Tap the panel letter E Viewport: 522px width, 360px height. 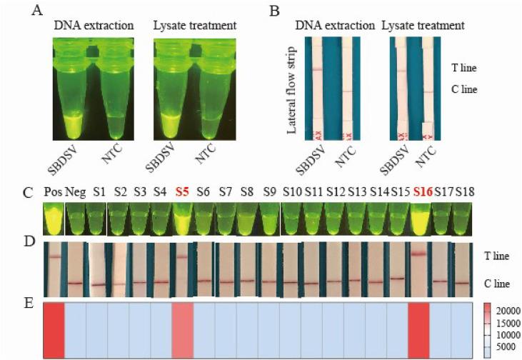[x=28, y=304]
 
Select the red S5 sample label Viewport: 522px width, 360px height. [x=183, y=193]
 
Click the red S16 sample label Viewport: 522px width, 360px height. [x=422, y=193]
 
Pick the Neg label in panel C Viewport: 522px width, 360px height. [x=75, y=193]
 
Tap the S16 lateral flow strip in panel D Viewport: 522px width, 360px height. [x=420, y=269]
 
